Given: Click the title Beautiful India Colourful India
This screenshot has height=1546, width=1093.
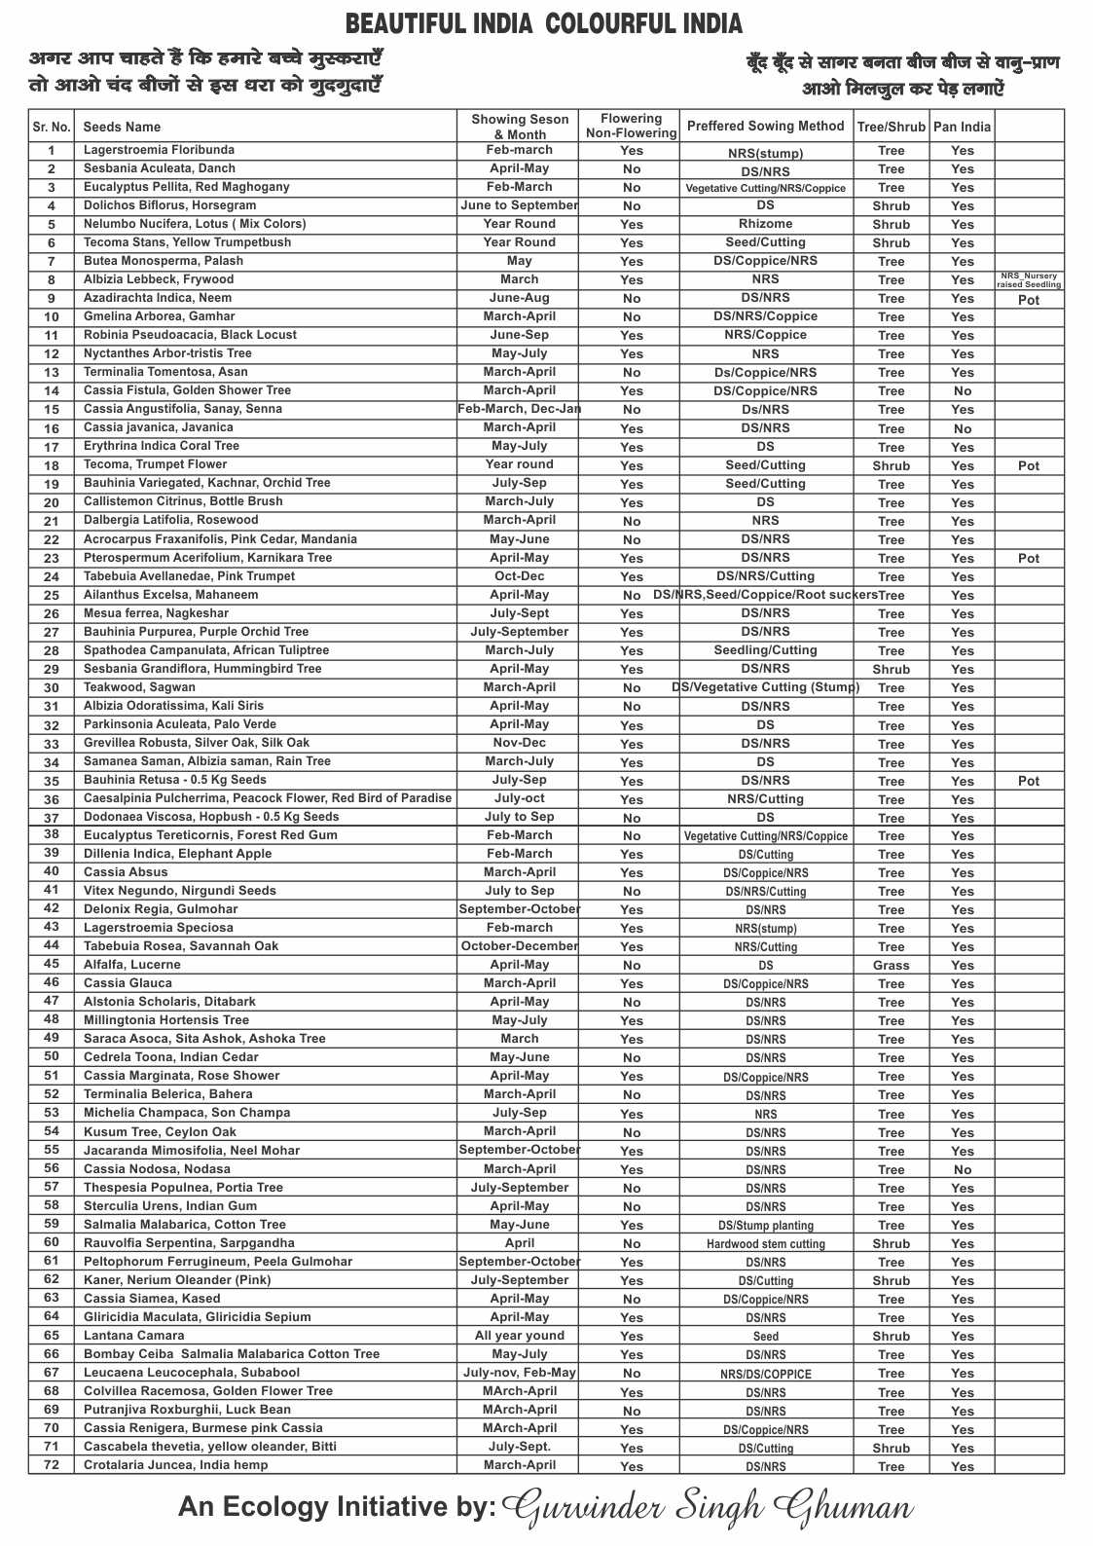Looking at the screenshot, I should [544, 24].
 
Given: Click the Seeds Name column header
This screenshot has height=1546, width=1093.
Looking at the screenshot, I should [122, 127].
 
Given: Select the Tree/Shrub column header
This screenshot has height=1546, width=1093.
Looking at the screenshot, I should [891, 127].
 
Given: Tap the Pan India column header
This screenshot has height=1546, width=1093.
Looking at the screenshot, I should [962, 127].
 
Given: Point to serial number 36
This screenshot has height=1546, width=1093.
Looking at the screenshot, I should [52, 799].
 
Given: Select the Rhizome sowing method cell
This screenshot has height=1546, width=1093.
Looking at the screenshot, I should [765, 224].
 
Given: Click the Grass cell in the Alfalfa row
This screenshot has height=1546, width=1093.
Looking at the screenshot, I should [891, 966].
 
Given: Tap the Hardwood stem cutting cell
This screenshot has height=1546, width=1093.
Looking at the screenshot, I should [765, 1244].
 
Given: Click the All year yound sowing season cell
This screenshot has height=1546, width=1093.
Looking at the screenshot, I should [519, 1336].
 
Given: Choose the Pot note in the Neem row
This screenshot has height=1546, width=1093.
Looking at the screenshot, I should [1029, 300].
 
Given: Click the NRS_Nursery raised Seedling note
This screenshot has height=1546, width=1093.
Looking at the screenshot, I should [1029, 280].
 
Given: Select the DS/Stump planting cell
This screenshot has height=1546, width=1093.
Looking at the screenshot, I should [765, 1226].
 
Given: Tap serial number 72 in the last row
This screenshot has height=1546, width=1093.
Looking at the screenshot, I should [52, 1465].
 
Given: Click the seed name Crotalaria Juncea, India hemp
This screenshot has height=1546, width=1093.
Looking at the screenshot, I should [175, 1465].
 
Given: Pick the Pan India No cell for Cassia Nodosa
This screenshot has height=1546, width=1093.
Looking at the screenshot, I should [962, 1170].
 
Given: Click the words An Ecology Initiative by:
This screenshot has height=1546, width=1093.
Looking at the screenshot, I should [337, 1507].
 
